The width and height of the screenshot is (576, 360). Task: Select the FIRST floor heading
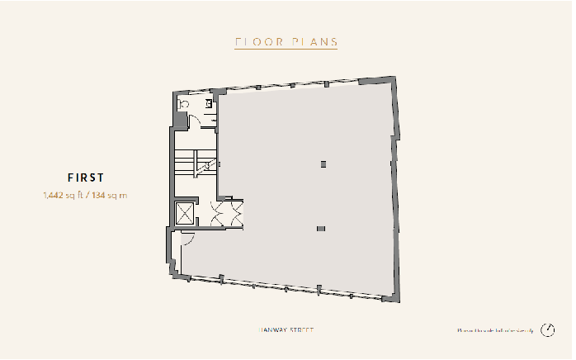coord(85,177)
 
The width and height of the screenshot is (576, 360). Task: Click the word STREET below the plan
coord(302,331)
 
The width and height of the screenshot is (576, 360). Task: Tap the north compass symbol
coord(549,331)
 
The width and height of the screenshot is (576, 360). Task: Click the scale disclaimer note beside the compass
coord(495,331)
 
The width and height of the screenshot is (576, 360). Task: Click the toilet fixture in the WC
coord(185,104)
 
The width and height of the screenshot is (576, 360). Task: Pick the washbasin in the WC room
coord(210,104)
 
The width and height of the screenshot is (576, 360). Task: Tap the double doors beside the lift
coord(224,214)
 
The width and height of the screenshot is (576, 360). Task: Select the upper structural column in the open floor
coord(323,163)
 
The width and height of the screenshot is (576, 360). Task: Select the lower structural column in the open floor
coord(321,228)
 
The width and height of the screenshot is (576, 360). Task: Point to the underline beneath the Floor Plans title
coord(286,50)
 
